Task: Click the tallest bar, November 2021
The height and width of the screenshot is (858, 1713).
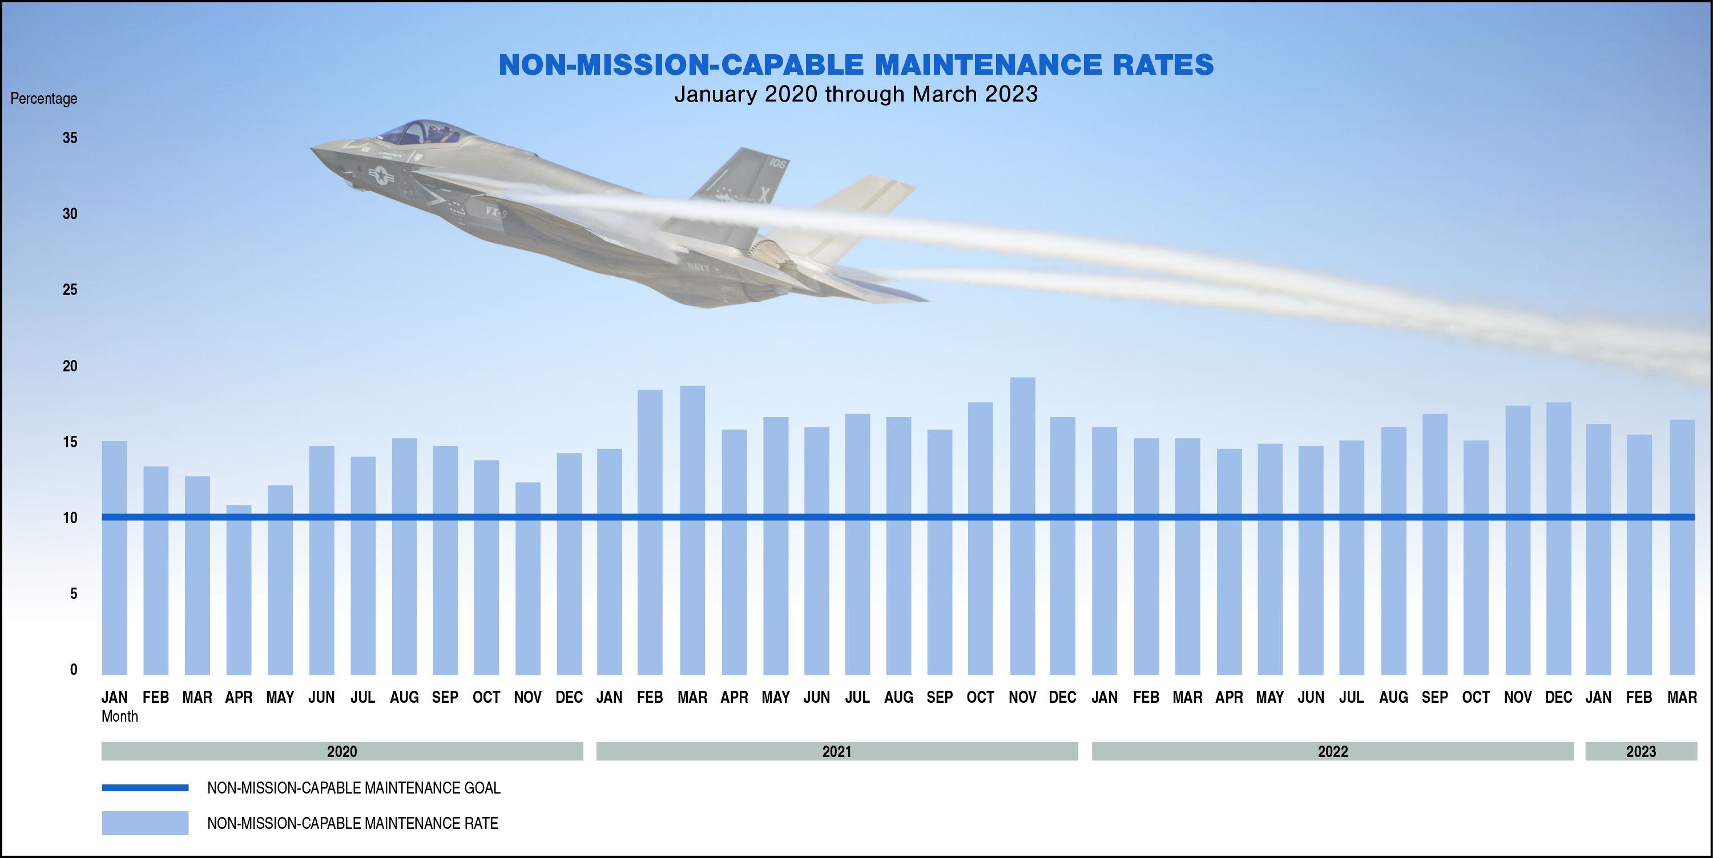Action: tap(1022, 525)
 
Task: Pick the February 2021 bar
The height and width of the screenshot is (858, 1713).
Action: tap(650, 532)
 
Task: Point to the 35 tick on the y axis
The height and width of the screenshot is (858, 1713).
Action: tap(70, 137)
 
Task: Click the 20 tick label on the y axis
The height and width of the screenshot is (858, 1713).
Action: tap(70, 366)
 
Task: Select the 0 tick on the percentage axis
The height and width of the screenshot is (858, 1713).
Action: tap(73, 669)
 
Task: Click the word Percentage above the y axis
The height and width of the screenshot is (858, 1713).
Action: tap(44, 98)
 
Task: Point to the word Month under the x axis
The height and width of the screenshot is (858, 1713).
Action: tap(120, 717)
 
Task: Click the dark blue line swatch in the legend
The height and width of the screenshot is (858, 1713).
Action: tap(145, 788)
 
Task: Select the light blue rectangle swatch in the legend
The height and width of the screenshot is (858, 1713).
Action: tap(145, 823)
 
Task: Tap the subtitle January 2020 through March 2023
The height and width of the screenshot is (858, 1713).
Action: tap(856, 94)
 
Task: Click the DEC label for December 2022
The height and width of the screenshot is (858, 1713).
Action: tap(1558, 697)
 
